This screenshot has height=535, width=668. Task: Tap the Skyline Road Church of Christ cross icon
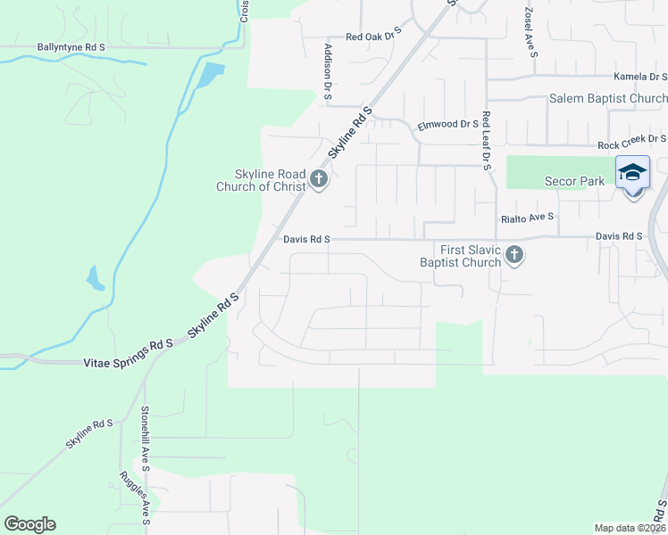pos(319,181)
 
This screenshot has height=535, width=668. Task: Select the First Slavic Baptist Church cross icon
pos(514,256)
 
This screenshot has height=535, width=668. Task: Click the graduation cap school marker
pos(632,172)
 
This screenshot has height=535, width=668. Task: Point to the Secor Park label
pos(574,181)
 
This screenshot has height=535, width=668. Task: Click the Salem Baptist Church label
pos(608,98)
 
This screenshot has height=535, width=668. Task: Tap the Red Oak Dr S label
pos(374,37)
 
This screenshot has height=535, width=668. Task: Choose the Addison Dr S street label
pos(329,71)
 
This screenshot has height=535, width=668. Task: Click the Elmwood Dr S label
pos(448,124)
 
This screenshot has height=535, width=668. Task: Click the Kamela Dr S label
pos(640,78)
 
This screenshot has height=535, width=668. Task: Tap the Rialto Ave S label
pos(527,217)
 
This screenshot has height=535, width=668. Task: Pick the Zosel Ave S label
pos(530,34)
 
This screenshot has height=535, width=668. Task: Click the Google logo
pos(29,524)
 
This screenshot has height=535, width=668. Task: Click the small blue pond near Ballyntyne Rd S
pos(208,75)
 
